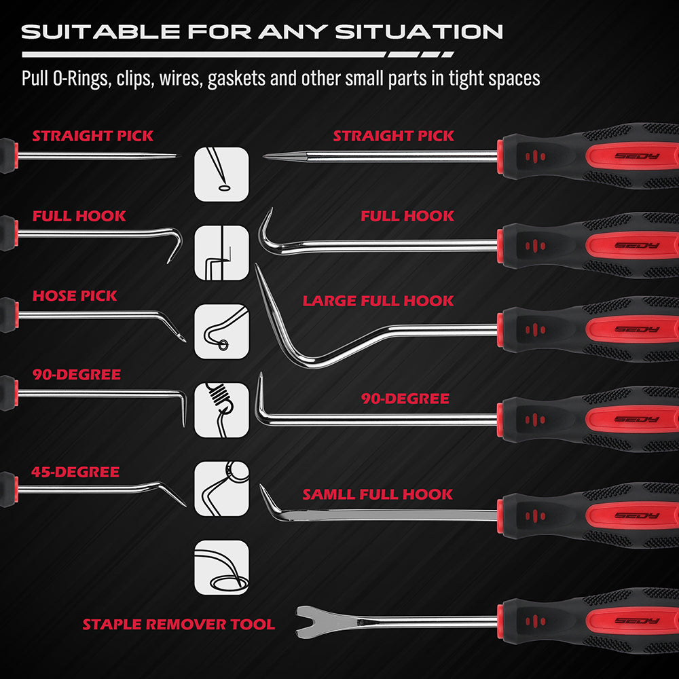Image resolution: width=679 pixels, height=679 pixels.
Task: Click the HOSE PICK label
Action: point(75,296)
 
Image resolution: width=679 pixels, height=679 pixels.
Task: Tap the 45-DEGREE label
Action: point(76,472)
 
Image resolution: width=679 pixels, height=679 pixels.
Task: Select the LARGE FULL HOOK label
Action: point(378,301)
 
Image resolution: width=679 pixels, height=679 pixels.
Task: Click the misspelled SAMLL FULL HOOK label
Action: point(378,494)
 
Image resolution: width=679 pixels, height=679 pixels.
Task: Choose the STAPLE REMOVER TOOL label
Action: point(179,624)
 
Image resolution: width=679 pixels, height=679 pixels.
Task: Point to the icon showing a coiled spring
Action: point(221,409)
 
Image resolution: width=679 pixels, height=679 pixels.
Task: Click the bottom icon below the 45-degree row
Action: point(221,567)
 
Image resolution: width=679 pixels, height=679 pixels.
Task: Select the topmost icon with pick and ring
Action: point(221,175)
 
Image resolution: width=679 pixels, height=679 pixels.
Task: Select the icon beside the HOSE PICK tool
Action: point(221,331)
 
